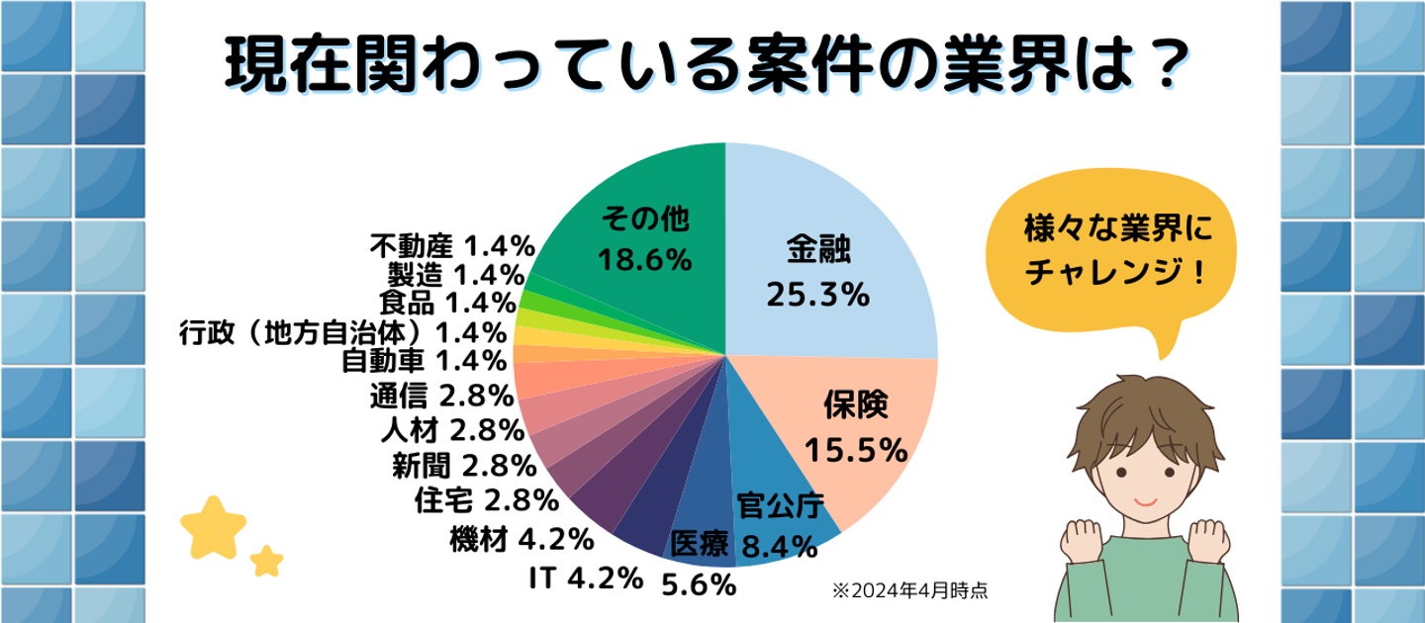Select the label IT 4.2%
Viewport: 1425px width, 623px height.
587,577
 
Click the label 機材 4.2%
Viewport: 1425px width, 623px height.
521,540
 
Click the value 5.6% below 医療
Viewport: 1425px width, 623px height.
699,584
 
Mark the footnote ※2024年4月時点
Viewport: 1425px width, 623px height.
910,591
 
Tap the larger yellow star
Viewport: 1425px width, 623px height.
214,526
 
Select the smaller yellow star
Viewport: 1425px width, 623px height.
266,560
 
